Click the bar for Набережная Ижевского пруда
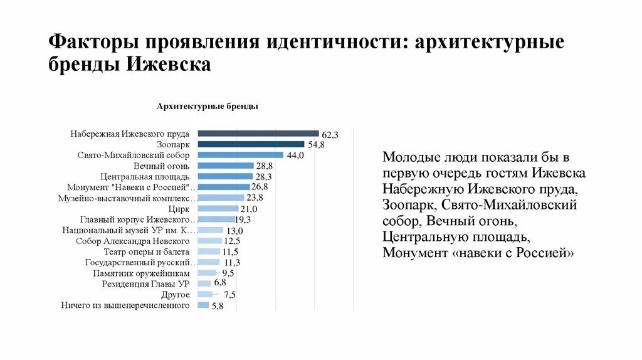click(258, 133)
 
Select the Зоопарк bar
click(251, 144)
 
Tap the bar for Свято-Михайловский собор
click(241, 154)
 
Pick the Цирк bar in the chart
click(218, 208)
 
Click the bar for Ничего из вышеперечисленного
click(203, 305)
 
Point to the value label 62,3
click(330, 135)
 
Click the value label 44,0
click(295, 156)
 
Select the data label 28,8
click(264, 166)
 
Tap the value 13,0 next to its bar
click(235, 231)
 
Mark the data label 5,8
click(218, 306)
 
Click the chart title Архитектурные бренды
click(208, 107)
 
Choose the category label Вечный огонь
click(161, 166)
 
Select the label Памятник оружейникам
click(141, 273)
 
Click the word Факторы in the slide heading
click(93, 43)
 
